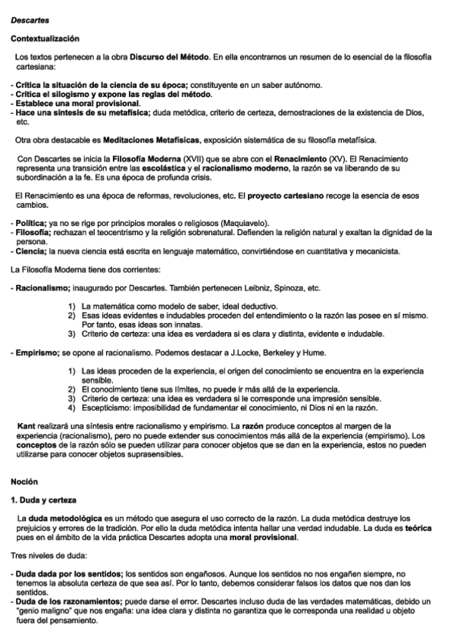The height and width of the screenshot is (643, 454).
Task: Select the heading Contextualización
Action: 45,38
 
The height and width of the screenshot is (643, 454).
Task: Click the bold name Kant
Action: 26,426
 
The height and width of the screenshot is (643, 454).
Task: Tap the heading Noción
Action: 25,481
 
